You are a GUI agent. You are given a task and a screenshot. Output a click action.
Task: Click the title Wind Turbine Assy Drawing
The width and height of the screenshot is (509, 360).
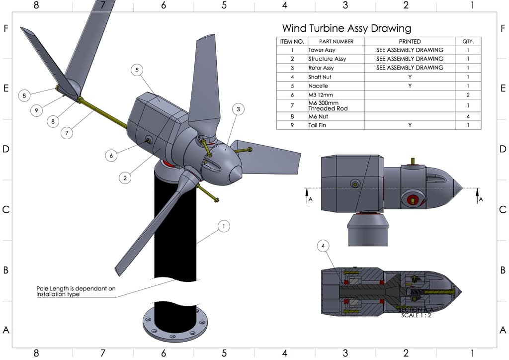tap(346, 28)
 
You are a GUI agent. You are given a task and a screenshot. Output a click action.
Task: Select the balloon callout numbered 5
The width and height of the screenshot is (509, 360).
tap(138, 70)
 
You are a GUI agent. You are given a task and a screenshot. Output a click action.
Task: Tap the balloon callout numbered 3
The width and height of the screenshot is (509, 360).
tap(238, 109)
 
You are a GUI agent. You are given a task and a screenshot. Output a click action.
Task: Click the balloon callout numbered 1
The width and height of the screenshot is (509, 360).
tap(224, 227)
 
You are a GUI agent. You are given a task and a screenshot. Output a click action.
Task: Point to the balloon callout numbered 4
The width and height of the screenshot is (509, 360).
tap(324, 246)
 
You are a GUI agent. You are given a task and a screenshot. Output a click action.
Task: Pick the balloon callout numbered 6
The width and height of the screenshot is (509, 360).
tap(111, 156)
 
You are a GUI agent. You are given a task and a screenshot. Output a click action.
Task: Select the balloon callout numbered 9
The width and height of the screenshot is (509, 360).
tap(36, 111)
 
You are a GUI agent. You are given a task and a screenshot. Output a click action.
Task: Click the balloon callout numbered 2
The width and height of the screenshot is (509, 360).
tap(126, 177)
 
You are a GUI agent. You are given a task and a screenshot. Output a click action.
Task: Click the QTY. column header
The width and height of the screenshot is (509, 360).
tap(468, 41)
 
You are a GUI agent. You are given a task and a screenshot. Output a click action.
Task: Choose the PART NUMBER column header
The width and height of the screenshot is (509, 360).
tap(336, 41)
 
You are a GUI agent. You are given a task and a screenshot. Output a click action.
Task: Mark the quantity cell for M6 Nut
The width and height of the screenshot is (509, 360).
tap(468, 117)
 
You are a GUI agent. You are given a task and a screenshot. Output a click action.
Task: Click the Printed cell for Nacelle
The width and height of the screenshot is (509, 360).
tap(410, 86)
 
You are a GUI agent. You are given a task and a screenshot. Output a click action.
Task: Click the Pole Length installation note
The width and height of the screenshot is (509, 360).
tap(76, 291)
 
